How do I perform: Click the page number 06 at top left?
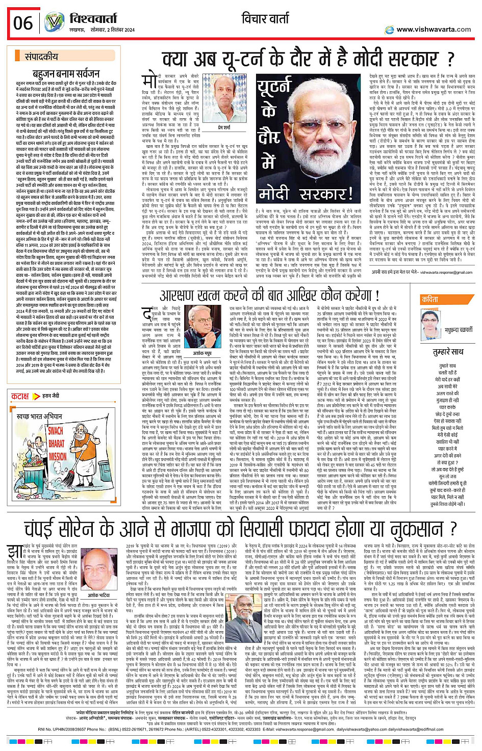coord(23,23)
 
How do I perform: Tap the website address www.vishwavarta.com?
coord(433,30)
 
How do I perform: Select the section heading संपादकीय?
coord(41,57)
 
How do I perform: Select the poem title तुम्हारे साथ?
coord(448,352)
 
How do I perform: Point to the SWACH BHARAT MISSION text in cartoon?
coord(57,443)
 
